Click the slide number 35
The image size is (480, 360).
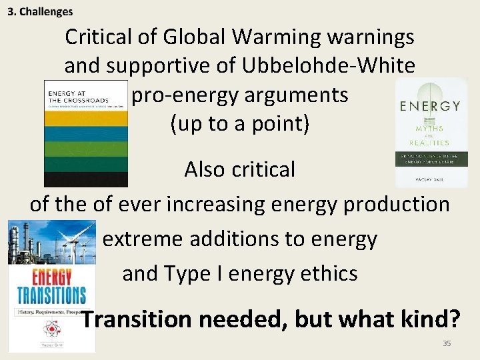point(447,343)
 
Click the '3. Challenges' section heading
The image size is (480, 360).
point(40,11)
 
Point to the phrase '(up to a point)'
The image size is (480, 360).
point(240,124)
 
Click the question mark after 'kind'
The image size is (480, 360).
point(454,319)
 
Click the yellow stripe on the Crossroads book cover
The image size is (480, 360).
point(85,117)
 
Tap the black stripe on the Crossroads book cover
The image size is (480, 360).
point(85,179)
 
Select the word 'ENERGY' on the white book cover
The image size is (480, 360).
point(430,106)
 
